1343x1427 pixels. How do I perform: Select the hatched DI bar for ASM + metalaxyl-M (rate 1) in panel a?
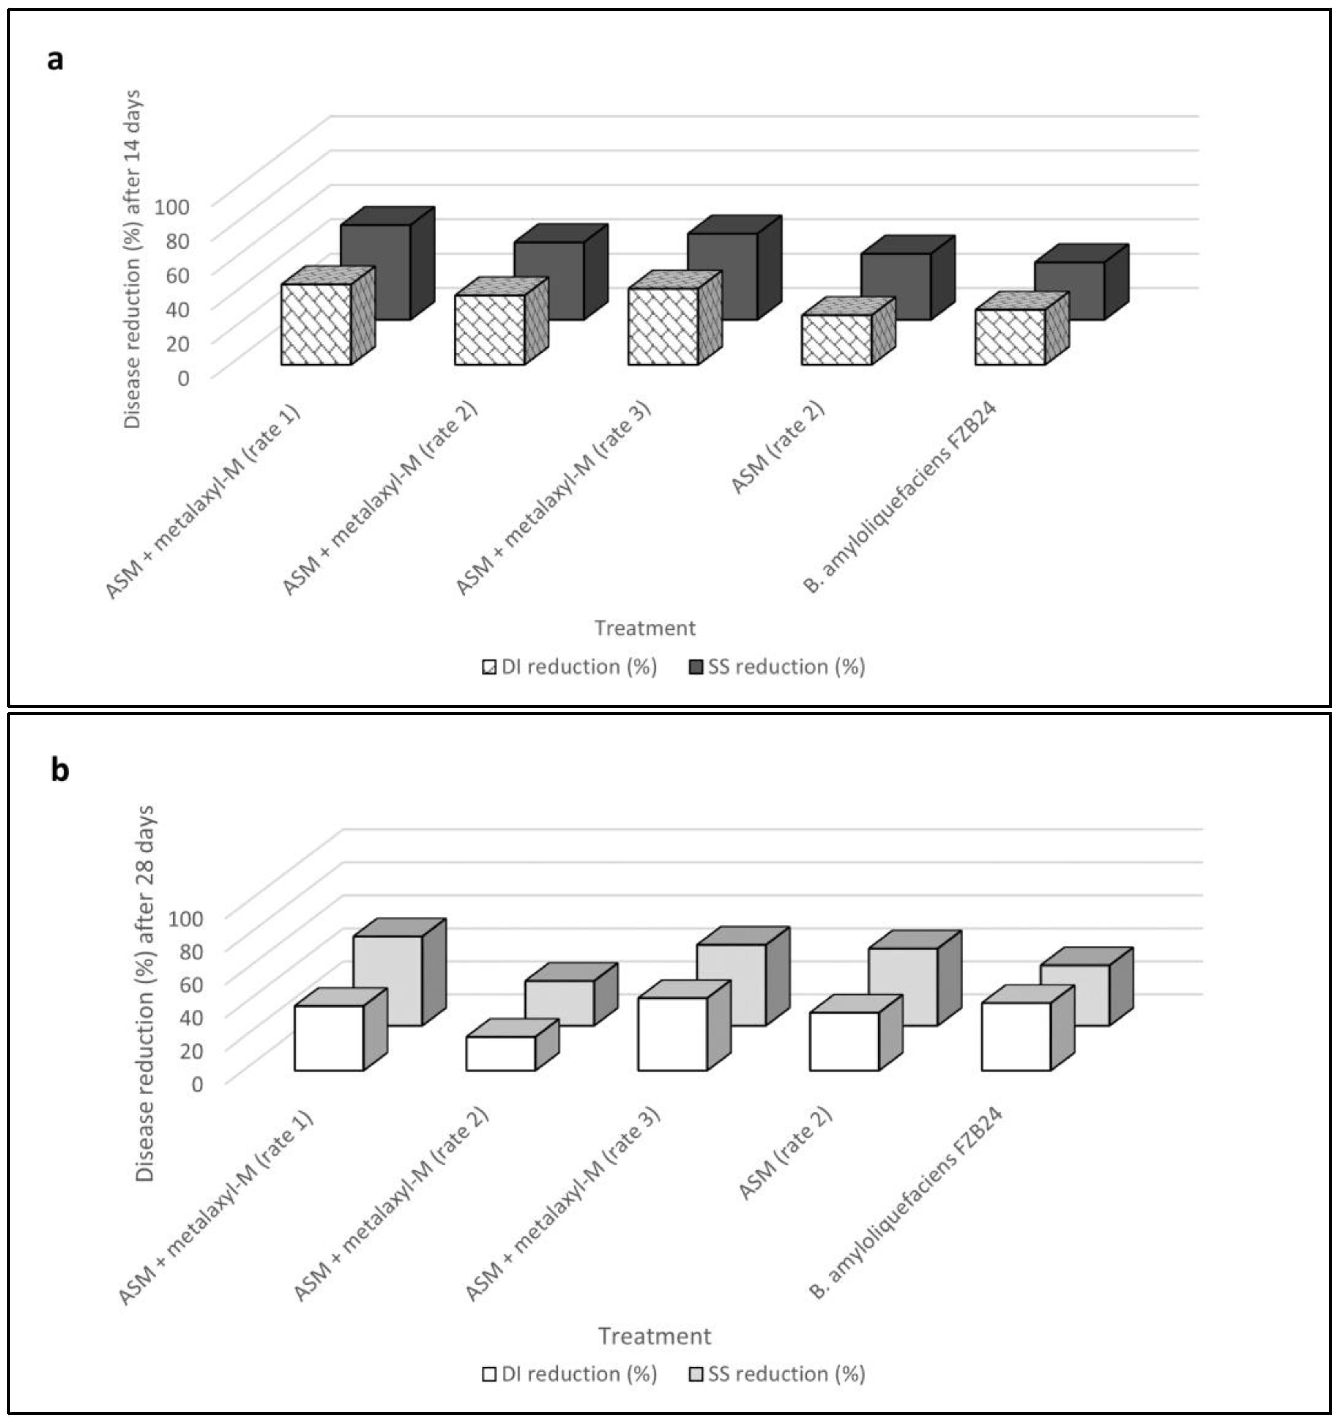pos(316,324)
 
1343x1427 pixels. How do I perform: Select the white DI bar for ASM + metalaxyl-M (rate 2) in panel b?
pos(500,1053)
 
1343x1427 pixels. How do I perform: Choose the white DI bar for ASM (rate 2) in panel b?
pos(844,1041)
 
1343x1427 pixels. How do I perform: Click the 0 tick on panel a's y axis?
pos(183,377)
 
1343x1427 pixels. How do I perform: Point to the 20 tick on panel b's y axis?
pos(187,1050)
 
